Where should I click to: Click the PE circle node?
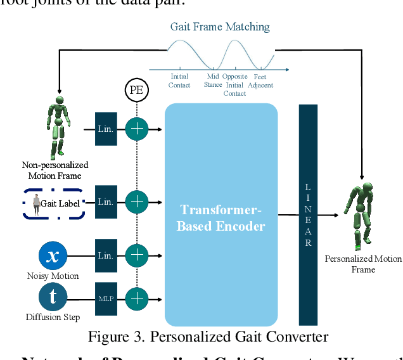(136, 90)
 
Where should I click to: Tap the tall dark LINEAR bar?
(308, 215)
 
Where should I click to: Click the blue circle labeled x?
(53, 255)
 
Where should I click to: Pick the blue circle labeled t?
(53, 297)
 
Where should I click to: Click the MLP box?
(105, 297)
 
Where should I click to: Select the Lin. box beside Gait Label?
(105, 202)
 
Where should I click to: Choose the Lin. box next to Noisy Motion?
(105, 255)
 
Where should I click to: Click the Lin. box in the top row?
(105, 129)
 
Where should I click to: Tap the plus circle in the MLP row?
(136, 297)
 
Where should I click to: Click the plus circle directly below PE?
(136, 129)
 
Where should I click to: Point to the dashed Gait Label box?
(54, 203)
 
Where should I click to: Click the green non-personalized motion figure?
(58, 127)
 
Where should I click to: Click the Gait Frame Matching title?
(220, 27)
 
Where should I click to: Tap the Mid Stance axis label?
(213, 80)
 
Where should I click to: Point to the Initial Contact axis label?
(179, 80)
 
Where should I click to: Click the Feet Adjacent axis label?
(260, 80)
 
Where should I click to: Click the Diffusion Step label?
(53, 317)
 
